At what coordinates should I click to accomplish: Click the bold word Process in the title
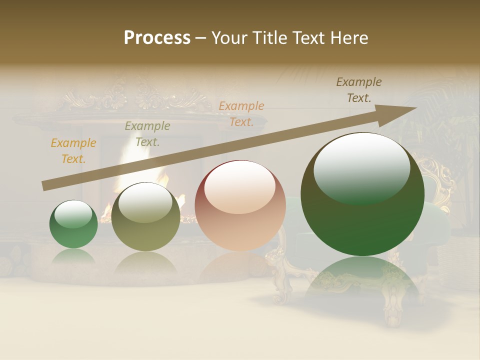[157, 38]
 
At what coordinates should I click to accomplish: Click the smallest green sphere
[73, 224]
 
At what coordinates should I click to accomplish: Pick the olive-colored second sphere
[145, 217]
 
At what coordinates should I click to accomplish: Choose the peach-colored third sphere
[240, 205]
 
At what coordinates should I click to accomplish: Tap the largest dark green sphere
[362, 195]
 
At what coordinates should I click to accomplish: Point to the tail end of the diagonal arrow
[44, 186]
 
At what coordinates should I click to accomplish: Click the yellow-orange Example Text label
[73, 151]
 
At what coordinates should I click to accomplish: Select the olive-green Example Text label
[147, 134]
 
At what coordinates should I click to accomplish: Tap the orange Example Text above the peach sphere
[241, 113]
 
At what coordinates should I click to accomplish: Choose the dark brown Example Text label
[358, 90]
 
